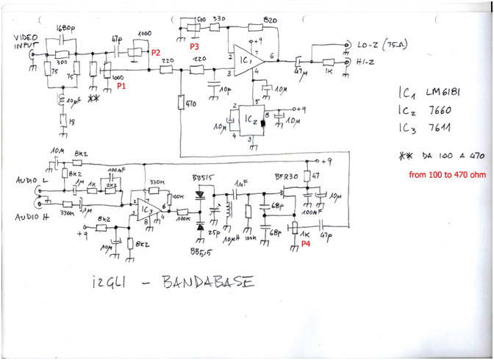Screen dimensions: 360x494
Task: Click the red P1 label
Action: [x=121, y=86]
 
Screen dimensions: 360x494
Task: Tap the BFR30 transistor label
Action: [x=286, y=178]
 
